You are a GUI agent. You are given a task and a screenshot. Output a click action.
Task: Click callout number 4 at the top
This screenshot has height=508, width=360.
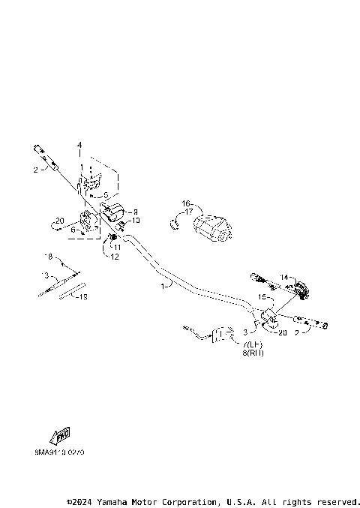79,145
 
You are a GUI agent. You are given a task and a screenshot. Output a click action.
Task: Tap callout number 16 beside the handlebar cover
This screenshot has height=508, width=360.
186,203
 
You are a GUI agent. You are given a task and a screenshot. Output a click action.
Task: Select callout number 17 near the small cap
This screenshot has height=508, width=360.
188,212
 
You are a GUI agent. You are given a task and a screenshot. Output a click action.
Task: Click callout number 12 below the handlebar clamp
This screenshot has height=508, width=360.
115,257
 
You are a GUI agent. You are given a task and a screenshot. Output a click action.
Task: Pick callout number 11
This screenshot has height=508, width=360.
117,246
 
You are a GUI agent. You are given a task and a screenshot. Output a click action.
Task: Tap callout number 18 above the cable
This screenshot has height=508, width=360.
49,256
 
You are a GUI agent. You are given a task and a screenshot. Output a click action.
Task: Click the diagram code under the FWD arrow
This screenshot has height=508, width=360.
59,452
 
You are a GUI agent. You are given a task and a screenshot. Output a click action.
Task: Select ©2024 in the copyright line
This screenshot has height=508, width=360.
80,500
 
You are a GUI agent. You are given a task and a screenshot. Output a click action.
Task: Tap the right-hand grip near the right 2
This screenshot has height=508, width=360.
316,323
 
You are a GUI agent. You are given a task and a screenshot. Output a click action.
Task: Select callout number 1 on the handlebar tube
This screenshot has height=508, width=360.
163,286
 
